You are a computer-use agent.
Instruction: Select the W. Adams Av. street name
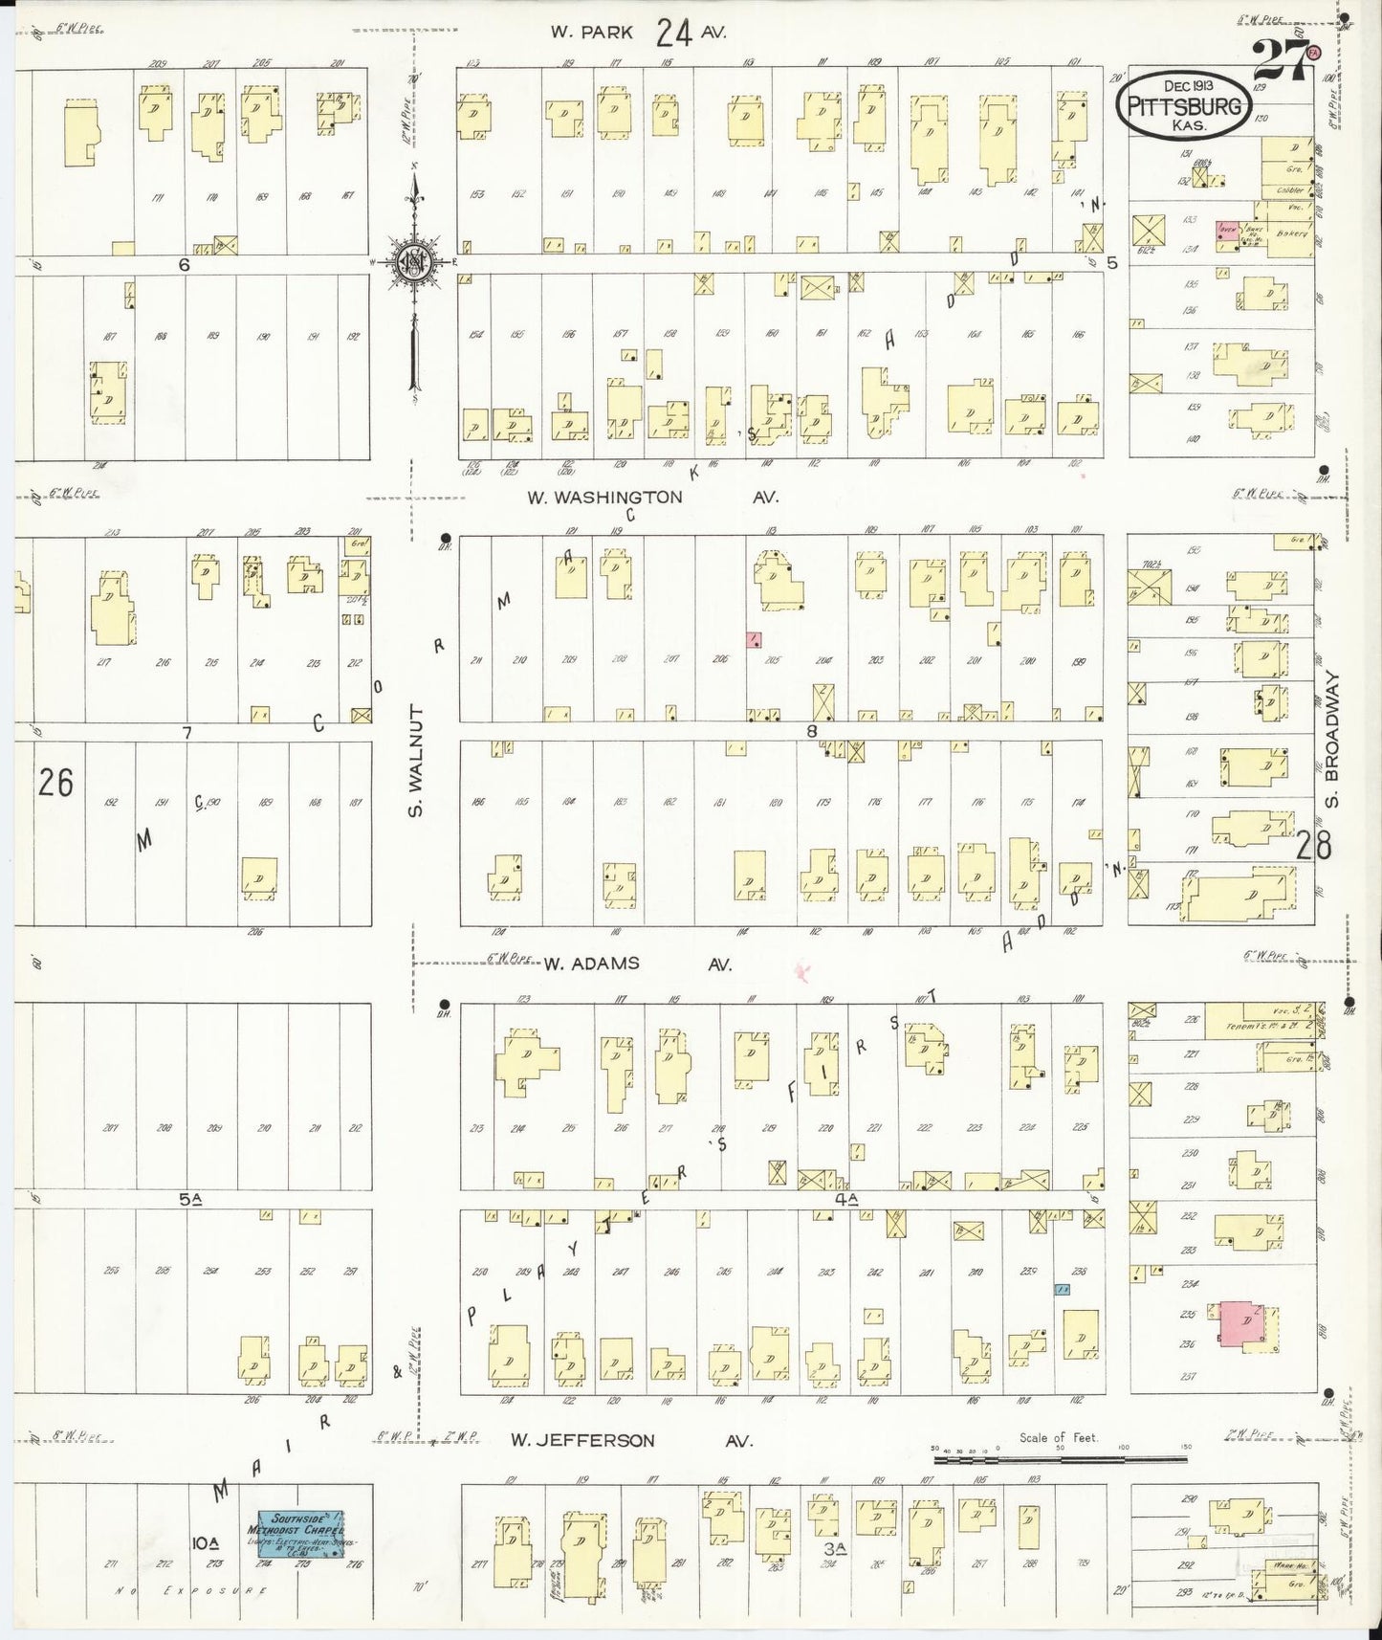click(637, 965)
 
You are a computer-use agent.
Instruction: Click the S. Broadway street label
click(1334, 739)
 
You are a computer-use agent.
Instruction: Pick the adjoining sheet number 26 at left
click(55, 783)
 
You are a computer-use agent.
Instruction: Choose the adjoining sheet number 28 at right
click(1314, 846)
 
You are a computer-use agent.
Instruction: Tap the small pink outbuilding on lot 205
click(755, 638)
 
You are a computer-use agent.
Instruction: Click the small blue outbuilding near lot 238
click(1061, 1290)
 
